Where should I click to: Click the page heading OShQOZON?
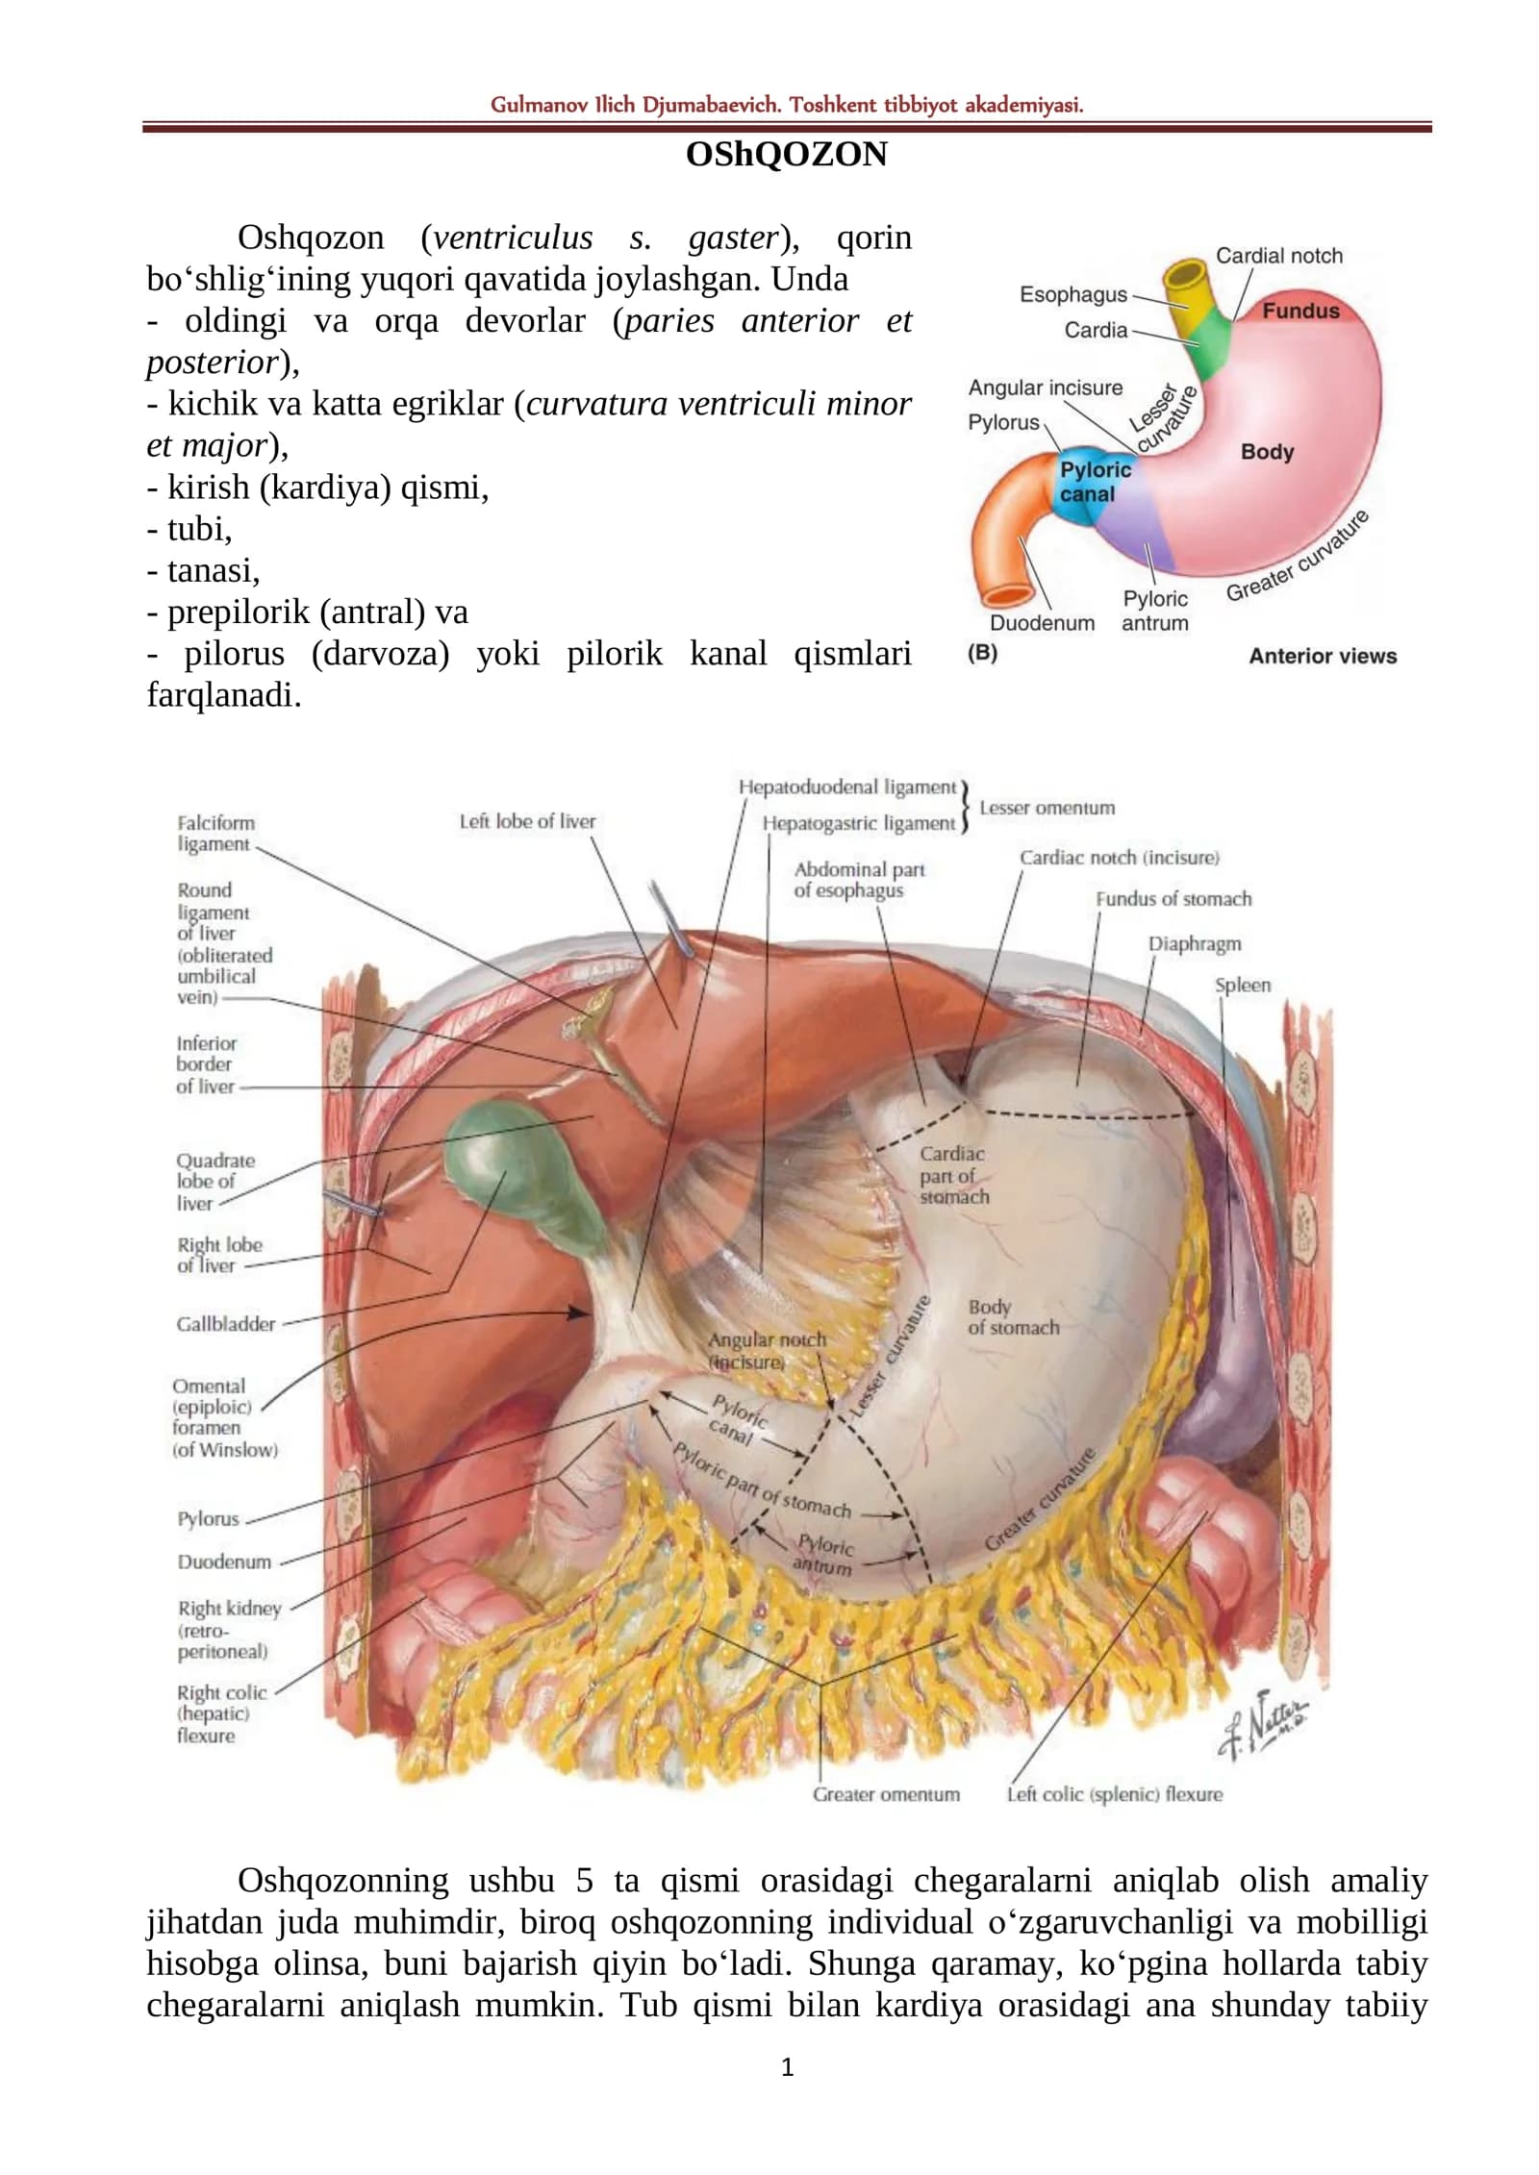pos(786,154)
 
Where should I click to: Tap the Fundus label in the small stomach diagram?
pos(1300,311)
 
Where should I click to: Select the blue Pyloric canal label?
pos(1095,482)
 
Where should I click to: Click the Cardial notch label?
pos(1279,256)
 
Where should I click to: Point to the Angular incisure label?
pos(1046,387)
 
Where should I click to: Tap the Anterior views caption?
pos(1323,656)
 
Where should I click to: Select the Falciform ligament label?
pos(215,833)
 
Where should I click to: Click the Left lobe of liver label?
pos(527,821)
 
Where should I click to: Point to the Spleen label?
pos(1242,985)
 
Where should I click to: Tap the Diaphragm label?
pos(1194,943)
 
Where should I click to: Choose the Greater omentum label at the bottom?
pos(886,1794)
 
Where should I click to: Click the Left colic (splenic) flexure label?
pos(1115,1794)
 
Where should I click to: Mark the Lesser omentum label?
pos(1047,808)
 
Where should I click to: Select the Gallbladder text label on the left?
pos(225,1324)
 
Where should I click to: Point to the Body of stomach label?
pos(1013,1317)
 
